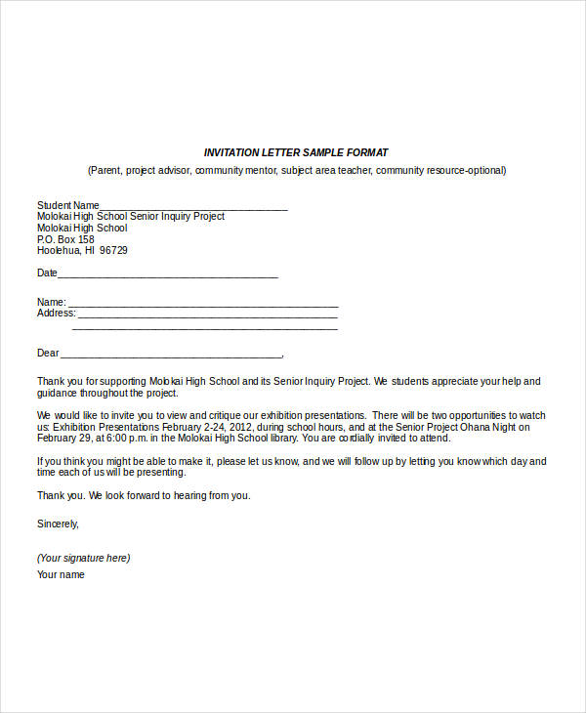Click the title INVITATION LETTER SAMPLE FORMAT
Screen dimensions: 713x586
click(x=295, y=152)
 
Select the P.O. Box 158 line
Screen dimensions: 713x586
click(x=65, y=239)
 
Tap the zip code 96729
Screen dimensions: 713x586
click(x=113, y=250)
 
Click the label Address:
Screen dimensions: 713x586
click(x=56, y=314)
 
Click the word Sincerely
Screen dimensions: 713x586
click(x=58, y=524)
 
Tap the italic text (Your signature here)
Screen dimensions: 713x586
click(x=83, y=558)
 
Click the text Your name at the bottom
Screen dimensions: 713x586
click(x=61, y=574)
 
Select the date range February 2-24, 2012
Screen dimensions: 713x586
click(x=212, y=427)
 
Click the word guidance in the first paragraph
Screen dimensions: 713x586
click(x=59, y=393)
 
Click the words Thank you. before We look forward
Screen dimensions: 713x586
click(x=61, y=495)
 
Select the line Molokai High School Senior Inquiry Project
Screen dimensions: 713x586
click(x=131, y=217)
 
